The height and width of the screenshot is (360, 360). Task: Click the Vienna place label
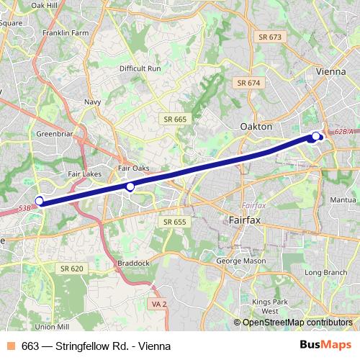coord(331,72)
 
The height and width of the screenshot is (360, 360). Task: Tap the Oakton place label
coord(256,126)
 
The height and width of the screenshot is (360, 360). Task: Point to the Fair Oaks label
coord(133,168)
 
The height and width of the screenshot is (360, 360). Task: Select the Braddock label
coord(134,264)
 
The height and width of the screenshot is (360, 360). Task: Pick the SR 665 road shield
coord(175,119)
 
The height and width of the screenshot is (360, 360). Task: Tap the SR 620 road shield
coord(72,268)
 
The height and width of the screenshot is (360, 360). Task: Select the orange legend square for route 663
coord(11,346)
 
